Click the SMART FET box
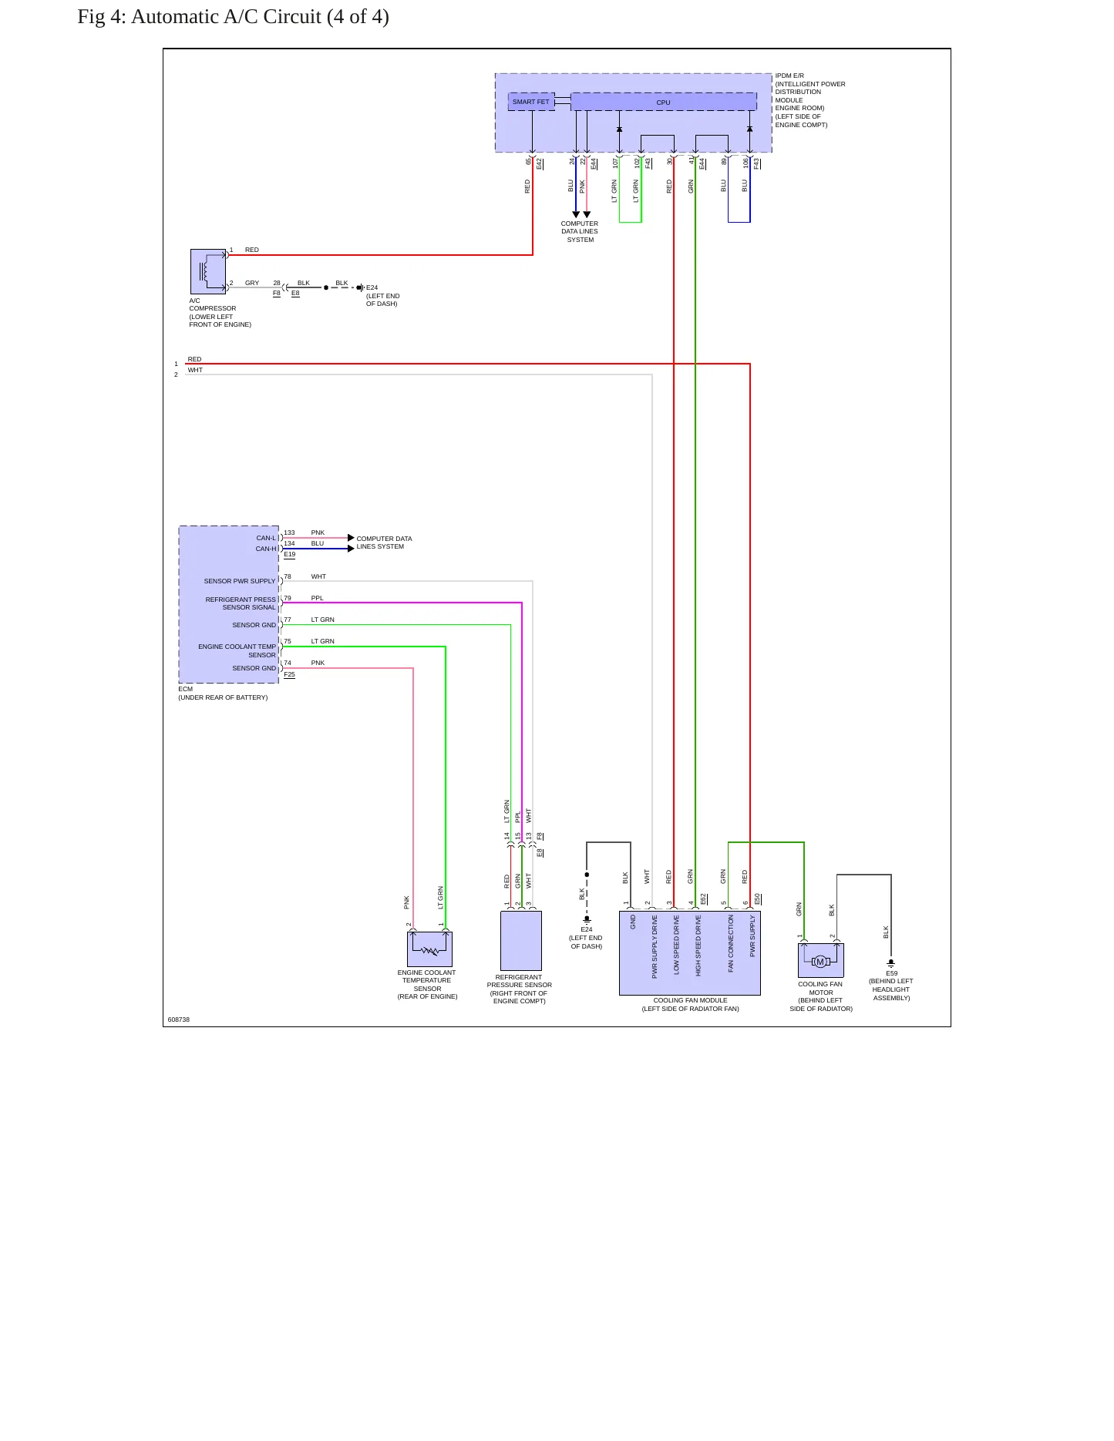pyautogui.click(x=531, y=102)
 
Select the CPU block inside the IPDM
pyautogui.click(x=663, y=102)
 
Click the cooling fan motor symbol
pyautogui.click(x=820, y=961)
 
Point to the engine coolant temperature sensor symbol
pyautogui.click(x=429, y=949)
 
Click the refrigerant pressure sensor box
pyautogui.click(x=521, y=941)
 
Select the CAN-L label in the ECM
pyautogui.click(x=266, y=538)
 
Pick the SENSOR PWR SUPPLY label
pyautogui.click(x=240, y=581)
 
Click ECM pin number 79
pyautogui.click(x=288, y=598)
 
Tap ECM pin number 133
pyautogui.click(x=289, y=532)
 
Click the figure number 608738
pyautogui.click(x=179, y=1019)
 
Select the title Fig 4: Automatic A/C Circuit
pyautogui.click(x=233, y=17)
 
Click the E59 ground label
pyautogui.click(x=891, y=973)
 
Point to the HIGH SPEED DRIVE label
pyautogui.click(x=698, y=946)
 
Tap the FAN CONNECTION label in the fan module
pyautogui.click(x=731, y=943)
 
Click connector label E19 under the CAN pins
pyautogui.click(x=290, y=554)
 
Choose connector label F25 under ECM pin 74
pyautogui.click(x=290, y=674)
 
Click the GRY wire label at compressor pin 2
pyautogui.click(x=252, y=283)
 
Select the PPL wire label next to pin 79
pyautogui.click(x=318, y=598)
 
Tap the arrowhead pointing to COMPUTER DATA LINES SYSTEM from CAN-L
pyautogui.click(x=352, y=538)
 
